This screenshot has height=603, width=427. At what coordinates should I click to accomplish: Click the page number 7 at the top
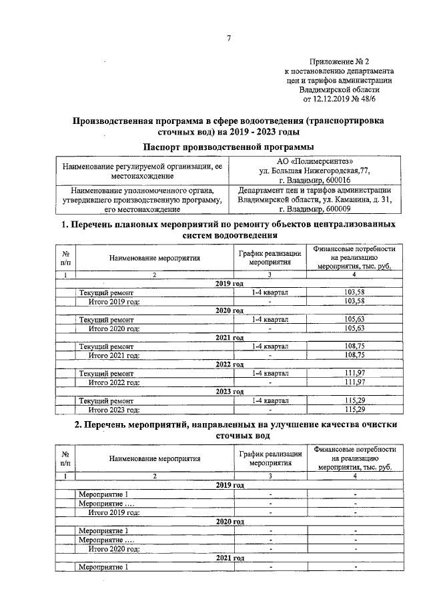tap(229, 38)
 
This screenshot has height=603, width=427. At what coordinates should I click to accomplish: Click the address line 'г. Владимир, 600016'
tap(315, 179)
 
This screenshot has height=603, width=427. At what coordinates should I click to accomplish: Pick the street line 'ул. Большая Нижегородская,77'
tap(315, 170)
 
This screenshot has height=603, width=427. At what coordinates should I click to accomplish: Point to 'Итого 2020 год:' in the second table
tap(115, 548)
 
